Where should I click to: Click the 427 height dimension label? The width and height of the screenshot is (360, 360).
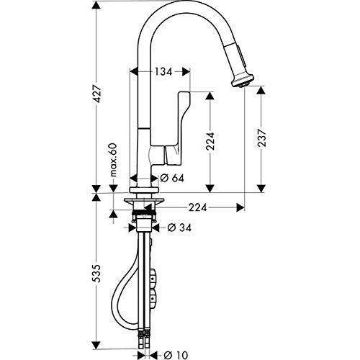tap(96, 94)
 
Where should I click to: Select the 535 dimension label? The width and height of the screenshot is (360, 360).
tap(96, 274)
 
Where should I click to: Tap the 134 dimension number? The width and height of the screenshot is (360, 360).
tap(163, 71)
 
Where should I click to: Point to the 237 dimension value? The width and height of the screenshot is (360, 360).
tap(261, 138)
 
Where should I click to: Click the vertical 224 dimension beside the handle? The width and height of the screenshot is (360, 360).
tap(210, 141)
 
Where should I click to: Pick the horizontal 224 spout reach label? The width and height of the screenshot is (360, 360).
tap(197, 207)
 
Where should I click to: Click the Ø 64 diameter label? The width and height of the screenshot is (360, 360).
tap(172, 178)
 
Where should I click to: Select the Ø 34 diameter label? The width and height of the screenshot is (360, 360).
tap(179, 228)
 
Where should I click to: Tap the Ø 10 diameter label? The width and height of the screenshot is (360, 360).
tap(176, 355)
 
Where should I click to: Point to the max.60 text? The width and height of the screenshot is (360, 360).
tap(113, 160)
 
